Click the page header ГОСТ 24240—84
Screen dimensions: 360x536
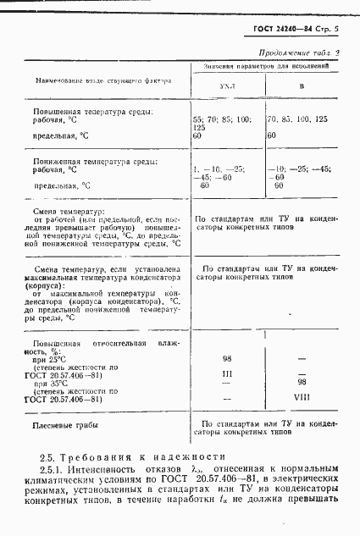click(x=281, y=30)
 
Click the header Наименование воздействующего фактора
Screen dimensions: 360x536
click(x=102, y=81)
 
